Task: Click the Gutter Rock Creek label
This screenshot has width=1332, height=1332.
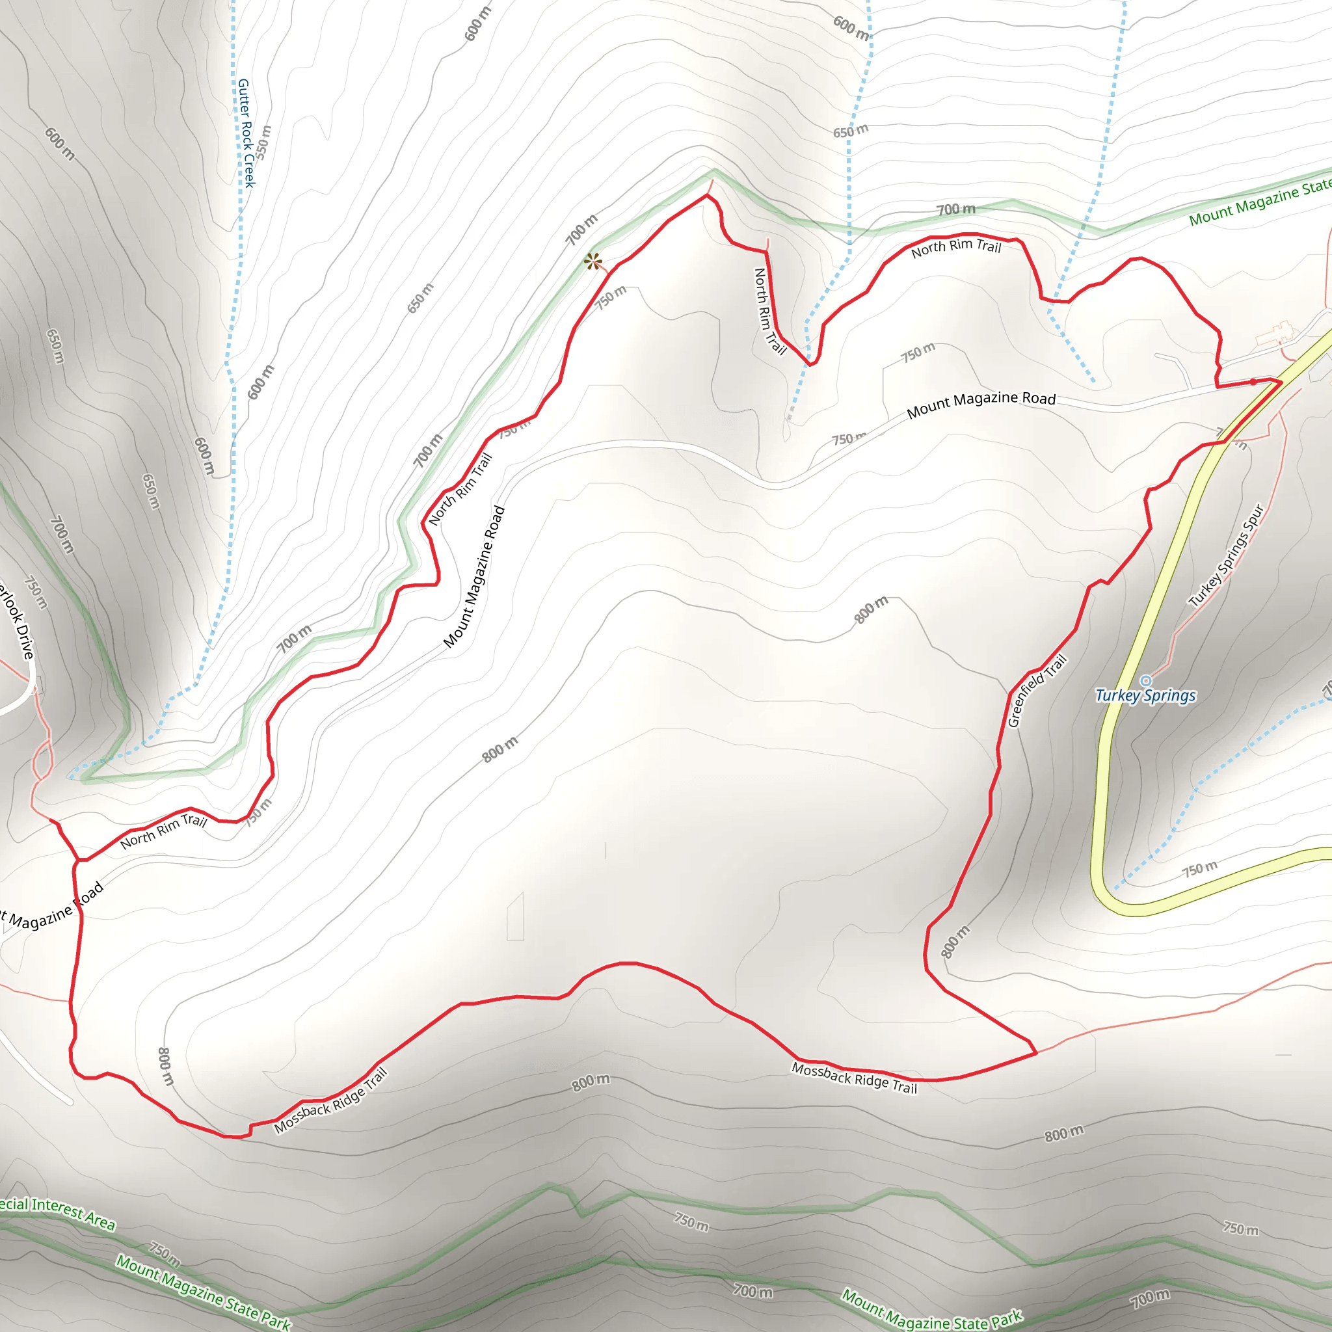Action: click(246, 133)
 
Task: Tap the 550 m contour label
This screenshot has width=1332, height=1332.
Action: click(264, 142)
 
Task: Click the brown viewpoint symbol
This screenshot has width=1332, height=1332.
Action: click(593, 261)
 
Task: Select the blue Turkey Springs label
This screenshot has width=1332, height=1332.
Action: click(1145, 696)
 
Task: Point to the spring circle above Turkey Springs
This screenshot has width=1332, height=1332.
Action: click(1146, 681)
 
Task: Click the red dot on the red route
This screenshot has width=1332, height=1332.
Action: click(1253, 382)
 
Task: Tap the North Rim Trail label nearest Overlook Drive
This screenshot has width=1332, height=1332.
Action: click(163, 831)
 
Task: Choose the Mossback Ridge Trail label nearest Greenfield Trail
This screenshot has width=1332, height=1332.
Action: click(854, 1078)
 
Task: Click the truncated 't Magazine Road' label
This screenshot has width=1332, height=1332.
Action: click(52, 907)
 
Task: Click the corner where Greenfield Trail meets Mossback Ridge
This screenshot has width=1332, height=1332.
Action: click(1035, 1054)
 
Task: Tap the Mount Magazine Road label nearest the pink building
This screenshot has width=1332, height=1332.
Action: click(981, 405)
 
